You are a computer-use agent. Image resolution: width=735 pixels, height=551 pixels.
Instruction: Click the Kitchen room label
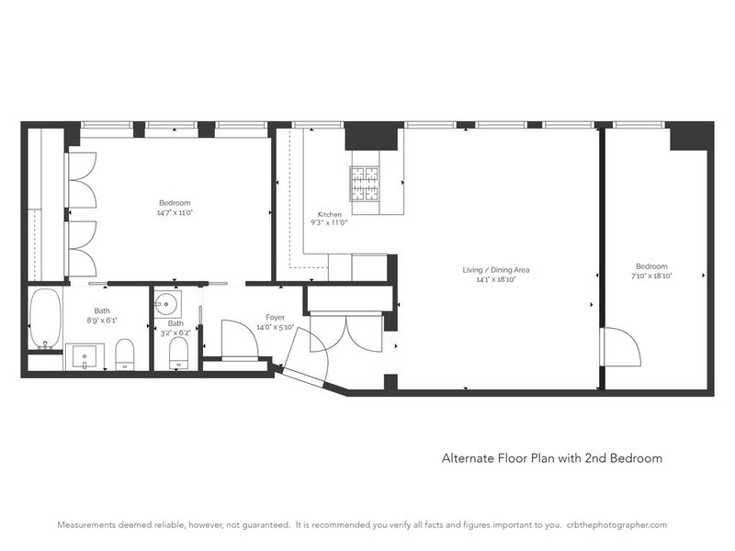330,214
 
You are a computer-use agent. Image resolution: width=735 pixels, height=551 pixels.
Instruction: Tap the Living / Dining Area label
496,270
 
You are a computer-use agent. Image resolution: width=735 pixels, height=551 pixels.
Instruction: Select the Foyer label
275,317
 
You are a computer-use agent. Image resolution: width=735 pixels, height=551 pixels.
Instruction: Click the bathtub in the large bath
45,318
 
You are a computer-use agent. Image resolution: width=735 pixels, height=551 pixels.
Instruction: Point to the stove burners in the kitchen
364,183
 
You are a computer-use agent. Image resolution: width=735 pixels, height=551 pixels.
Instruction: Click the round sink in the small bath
167,305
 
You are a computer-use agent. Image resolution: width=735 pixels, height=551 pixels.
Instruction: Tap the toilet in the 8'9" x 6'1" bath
125,354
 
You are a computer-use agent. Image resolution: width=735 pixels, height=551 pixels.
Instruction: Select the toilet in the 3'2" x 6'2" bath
178,353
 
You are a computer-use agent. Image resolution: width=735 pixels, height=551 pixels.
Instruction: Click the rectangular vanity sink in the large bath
85,357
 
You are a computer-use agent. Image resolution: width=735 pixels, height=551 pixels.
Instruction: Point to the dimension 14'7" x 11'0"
175,213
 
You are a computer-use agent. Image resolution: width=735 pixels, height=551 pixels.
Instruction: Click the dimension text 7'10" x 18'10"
651,276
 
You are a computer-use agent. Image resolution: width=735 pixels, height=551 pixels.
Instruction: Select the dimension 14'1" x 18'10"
496,280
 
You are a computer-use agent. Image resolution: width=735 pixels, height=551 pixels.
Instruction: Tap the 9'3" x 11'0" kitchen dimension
329,223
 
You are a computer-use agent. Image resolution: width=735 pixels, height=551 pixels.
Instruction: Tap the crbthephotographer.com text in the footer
616,524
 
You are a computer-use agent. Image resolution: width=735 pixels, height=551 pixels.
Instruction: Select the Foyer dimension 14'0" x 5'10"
275,327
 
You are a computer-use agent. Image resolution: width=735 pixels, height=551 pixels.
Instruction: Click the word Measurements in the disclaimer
85,524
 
